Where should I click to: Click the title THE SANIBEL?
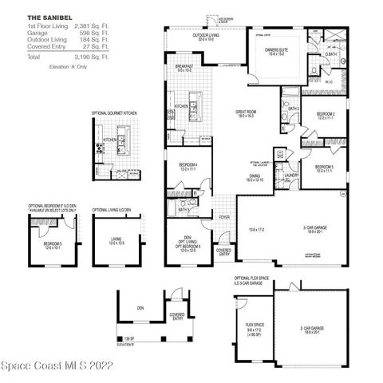tap(43, 17)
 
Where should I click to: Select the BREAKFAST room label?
tap(184, 67)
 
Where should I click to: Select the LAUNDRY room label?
tap(292, 175)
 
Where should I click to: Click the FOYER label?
tap(225, 216)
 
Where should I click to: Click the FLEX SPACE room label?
tap(255, 325)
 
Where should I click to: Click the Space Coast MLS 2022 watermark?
tap(59, 371)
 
